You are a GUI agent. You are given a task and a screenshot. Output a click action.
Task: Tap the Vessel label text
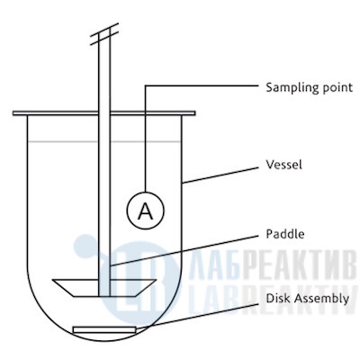click(x=283, y=165)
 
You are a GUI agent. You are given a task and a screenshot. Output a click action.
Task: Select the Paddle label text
click(x=285, y=234)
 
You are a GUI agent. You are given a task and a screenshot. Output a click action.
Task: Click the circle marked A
click(x=146, y=211)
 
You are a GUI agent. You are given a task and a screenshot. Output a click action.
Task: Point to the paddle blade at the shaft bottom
click(x=104, y=288)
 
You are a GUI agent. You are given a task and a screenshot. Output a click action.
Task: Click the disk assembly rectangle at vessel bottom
click(x=104, y=329)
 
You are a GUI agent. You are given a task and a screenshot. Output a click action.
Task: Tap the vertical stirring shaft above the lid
click(x=104, y=74)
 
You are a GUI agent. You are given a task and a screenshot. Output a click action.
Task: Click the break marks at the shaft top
click(x=104, y=34)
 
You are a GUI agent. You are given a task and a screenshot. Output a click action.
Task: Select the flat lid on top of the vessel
click(x=104, y=113)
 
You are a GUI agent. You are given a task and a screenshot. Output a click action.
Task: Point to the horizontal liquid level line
click(x=104, y=141)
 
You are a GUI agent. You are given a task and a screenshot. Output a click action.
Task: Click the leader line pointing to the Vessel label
click(x=220, y=175)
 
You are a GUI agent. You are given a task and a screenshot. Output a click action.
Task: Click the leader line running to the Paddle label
click(x=184, y=250)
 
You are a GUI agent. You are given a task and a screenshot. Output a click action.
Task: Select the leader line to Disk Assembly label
click(x=197, y=317)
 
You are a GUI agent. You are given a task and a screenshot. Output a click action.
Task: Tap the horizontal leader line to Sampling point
click(x=202, y=85)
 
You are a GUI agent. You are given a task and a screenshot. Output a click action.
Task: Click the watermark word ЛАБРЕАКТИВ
click(x=273, y=267)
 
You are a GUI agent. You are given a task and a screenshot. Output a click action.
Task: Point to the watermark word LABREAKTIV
click(x=273, y=299)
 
